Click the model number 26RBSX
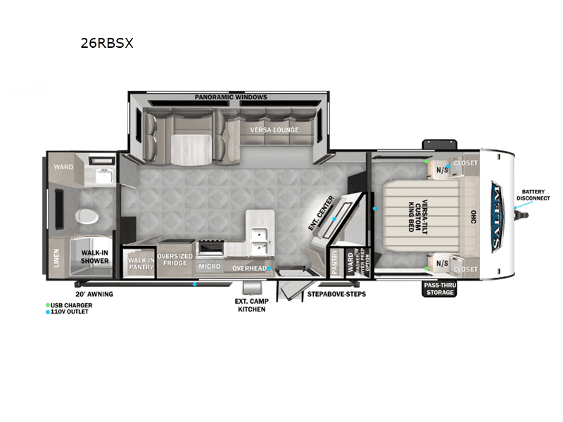pos(108,43)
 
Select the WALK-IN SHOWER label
pos(94,256)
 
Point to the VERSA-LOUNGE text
pos(274,130)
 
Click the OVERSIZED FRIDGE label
pos(175,260)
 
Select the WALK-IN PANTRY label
pos(141,263)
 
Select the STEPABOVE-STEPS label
pos(336,293)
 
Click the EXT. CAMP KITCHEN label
pos(251,305)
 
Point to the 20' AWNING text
pos(94,294)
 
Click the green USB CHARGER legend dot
pos(46,305)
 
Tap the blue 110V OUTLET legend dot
pos(46,312)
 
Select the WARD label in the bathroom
pos(60,167)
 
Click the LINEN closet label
pos(56,258)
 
